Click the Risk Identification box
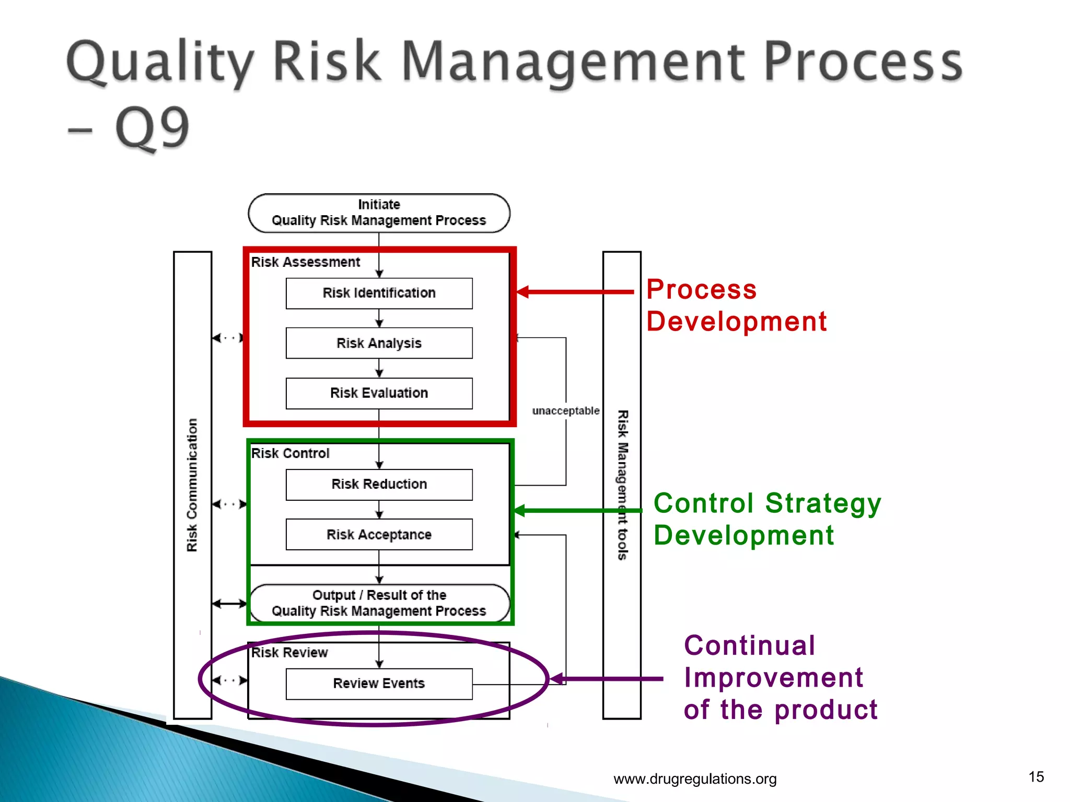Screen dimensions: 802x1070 (379, 293)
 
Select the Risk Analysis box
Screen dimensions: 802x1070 (379, 343)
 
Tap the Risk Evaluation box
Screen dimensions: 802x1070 (379, 393)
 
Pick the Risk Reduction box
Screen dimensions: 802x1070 (379, 484)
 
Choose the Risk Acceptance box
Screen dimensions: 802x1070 (379, 534)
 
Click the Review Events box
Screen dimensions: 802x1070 (379, 683)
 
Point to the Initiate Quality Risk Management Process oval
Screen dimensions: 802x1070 (379, 213)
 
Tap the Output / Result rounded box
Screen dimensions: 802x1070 (379, 603)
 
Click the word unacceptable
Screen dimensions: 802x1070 (565, 411)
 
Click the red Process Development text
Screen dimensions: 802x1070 (736, 305)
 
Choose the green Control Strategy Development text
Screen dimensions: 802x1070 (767, 519)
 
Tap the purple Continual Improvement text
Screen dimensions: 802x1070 (780, 678)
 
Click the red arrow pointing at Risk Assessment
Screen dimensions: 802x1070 (575, 292)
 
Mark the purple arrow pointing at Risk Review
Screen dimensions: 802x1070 (606, 679)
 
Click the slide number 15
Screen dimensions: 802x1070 (1036, 777)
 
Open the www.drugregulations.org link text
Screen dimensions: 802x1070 (694, 779)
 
